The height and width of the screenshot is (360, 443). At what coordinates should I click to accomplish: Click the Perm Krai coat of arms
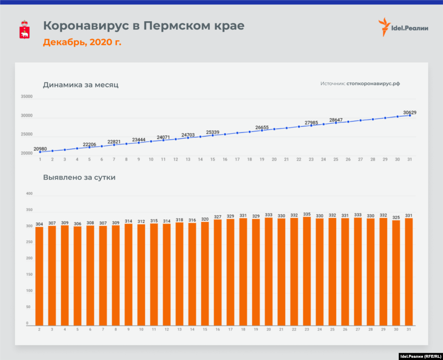tap(25, 29)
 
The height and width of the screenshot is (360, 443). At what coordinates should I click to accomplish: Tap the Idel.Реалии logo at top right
tap(403, 27)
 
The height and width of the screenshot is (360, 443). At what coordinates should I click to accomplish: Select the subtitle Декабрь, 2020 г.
tap(82, 42)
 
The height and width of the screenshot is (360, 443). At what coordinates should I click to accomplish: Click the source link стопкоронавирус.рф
tap(373, 84)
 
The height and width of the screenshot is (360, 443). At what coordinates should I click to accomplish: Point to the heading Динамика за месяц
tap(80, 85)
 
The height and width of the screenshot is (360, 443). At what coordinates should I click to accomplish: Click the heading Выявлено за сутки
tap(79, 177)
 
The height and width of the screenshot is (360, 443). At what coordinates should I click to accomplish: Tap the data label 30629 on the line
tap(410, 112)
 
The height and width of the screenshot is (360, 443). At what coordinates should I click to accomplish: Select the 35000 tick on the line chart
tap(27, 97)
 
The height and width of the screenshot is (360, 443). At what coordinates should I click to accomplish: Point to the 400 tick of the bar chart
tap(29, 194)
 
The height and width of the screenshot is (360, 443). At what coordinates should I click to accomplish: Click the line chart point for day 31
tap(410, 115)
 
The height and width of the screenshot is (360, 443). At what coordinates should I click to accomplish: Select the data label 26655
tap(262, 127)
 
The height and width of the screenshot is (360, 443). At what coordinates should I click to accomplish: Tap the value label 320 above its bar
tap(205, 219)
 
